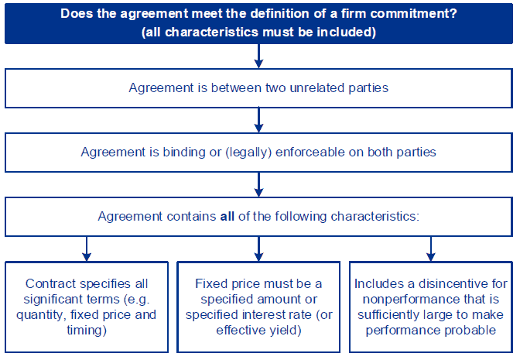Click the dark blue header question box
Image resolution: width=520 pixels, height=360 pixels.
pyautogui.click(x=259, y=23)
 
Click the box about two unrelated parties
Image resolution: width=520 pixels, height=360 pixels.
pyautogui.click(x=259, y=87)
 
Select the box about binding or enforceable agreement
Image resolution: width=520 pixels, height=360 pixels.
pyautogui.click(x=259, y=153)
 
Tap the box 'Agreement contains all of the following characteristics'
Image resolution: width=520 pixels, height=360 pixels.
pyautogui.click(x=259, y=217)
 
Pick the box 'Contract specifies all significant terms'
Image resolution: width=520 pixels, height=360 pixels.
pyautogui.click(x=87, y=307)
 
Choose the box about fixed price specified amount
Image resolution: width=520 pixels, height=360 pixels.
pyautogui.click(x=259, y=307)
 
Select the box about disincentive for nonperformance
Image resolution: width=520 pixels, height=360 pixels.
pyautogui.click(x=431, y=307)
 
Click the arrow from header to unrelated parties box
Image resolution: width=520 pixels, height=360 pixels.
pyautogui.click(x=259, y=56)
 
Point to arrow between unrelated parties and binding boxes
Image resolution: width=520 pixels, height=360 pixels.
pyautogui.click(x=259, y=120)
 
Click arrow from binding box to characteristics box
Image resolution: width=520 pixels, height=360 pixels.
pyautogui.click(x=259, y=184)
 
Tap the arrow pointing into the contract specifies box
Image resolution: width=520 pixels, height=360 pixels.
pyautogui.click(x=87, y=249)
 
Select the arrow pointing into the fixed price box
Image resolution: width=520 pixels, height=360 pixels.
pyautogui.click(x=259, y=249)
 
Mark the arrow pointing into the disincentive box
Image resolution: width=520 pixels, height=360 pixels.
pyautogui.click(x=431, y=249)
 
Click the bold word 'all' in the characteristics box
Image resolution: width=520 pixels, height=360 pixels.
pyautogui.click(x=227, y=217)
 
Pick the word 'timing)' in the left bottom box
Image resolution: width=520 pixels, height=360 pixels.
pyautogui.click(x=87, y=331)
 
